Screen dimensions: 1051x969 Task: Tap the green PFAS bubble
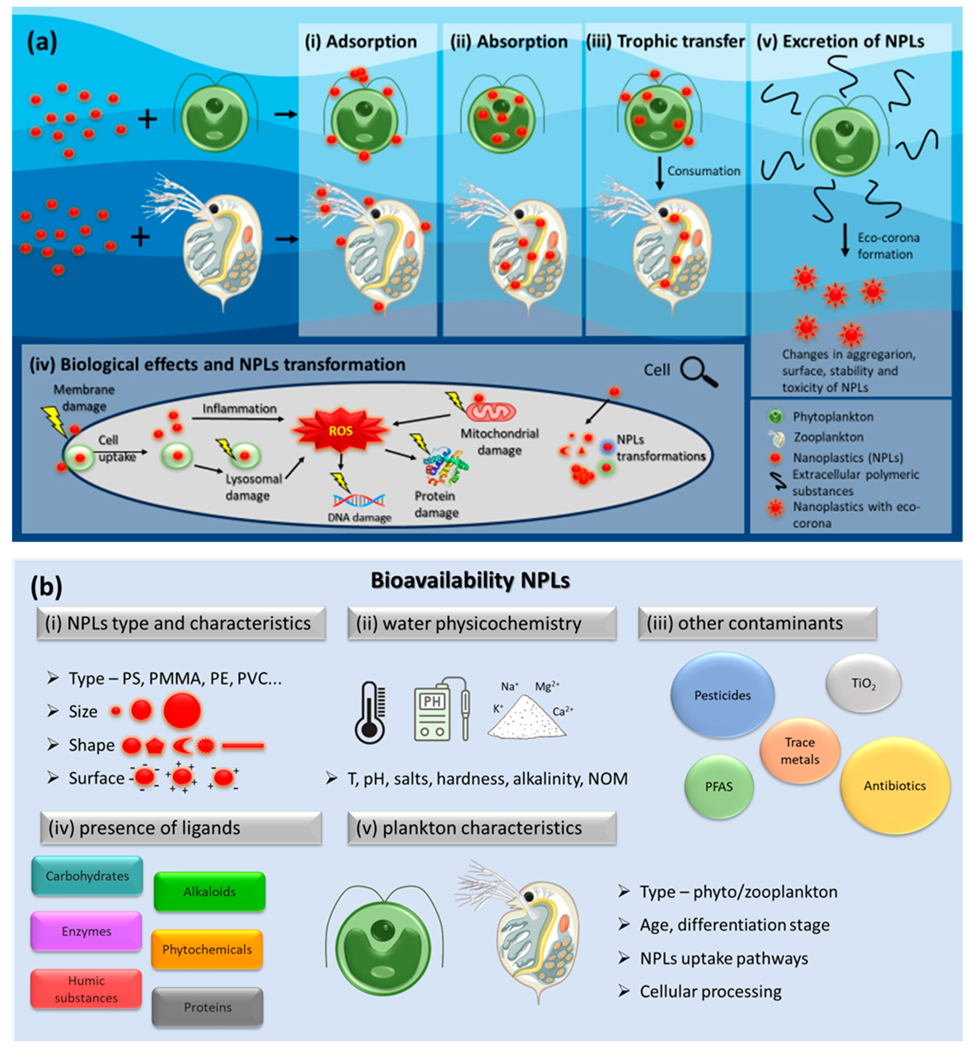click(718, 786)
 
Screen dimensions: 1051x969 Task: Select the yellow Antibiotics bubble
click(895, 785)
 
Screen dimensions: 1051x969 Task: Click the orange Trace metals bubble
click(800, 751)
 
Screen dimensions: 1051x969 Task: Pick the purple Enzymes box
click(87, 931)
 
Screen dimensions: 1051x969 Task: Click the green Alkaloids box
click(209, 891)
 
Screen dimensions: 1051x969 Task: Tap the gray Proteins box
click(208, 1007)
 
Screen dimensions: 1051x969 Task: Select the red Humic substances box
click(87, 989)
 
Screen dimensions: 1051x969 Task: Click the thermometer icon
click(370, 712)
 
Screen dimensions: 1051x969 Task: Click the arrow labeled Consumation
click(660, 175)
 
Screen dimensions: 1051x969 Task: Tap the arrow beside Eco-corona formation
click(845, 240)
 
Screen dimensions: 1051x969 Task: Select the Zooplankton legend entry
click(827, 437)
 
